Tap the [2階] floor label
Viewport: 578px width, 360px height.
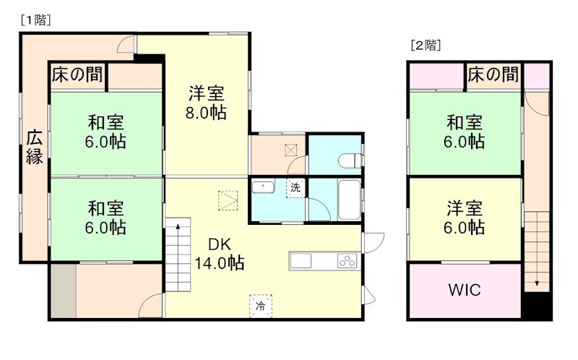pos(426,45)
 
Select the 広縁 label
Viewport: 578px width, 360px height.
pos(34,147)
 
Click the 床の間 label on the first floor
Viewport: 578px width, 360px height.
pos(77,74)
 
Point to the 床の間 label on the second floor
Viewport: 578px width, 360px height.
pos(493,74)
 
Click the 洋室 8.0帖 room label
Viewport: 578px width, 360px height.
pos(207,103)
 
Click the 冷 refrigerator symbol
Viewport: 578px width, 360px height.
pos(261,305)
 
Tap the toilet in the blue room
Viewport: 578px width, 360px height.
pos(350,160)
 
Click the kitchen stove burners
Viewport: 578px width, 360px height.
pos(347,261)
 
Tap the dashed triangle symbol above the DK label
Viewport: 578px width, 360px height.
pos(228,198)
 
